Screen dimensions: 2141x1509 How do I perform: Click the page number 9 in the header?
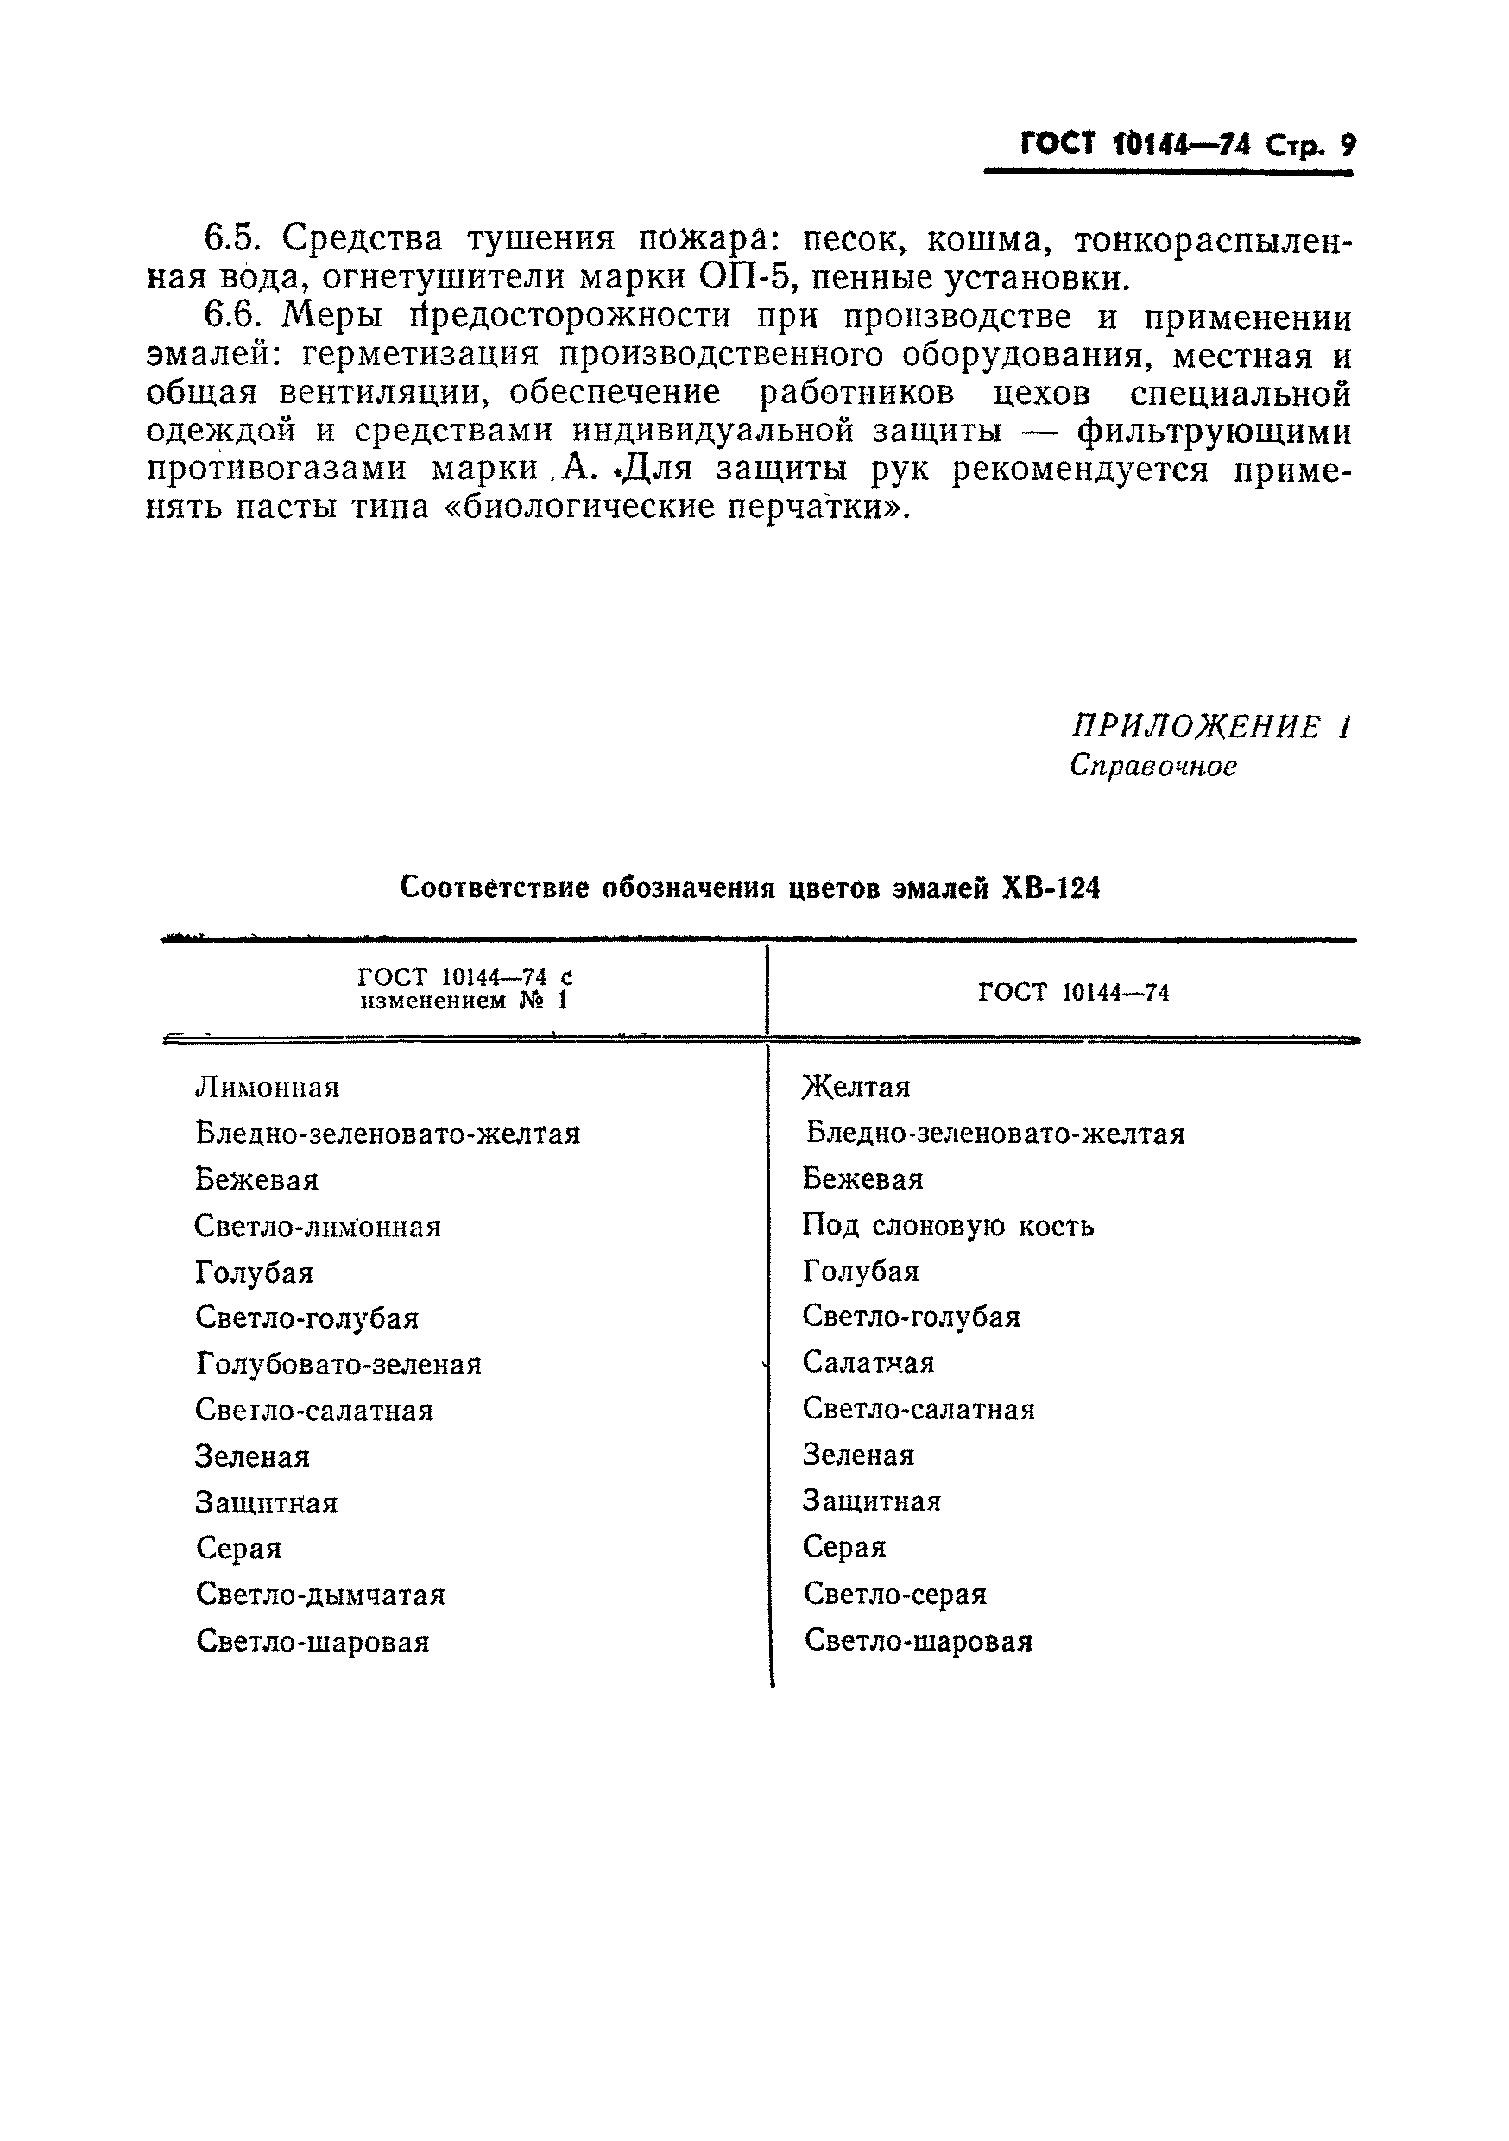pyautogui.click(x=1347, y=146)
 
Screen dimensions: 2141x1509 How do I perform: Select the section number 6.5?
pyautogui.click(x=230, y=239)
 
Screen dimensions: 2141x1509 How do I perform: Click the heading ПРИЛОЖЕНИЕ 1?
pyautogui.click(x=1209, y=726)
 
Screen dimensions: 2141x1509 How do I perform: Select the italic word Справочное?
pyautogui.click(x=1152, y=766)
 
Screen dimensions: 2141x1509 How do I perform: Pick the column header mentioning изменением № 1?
pyautogui.click(x=464, y=989)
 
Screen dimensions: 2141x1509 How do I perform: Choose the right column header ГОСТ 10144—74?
pyautogui.click(x=1072, y=992)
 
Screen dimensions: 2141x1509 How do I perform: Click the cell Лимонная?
pyautogui.click(x=268, y=1087)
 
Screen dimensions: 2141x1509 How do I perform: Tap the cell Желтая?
pyautogui.click(x=856, y=1086)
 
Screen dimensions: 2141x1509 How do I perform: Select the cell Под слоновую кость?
pyautogui.click(x=948, y=1224)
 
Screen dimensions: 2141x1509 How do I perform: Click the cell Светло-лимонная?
pyautogui.click(x=317, y=1225)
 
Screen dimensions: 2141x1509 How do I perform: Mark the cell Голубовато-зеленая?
pyautogui.click(x=338, y=1364)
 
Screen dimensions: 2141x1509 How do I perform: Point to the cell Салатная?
pyautogui.click(x=868, y=1362)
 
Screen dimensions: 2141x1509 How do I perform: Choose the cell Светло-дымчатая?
pyautogui.click(x=320, y=1595)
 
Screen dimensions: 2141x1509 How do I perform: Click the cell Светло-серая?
pyautogui.click(x=894, y=1594)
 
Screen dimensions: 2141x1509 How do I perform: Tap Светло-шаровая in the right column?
pyautogui.click(x=918, y=1640)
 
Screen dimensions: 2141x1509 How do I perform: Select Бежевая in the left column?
pyautogui.click(x=256, y=1179)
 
